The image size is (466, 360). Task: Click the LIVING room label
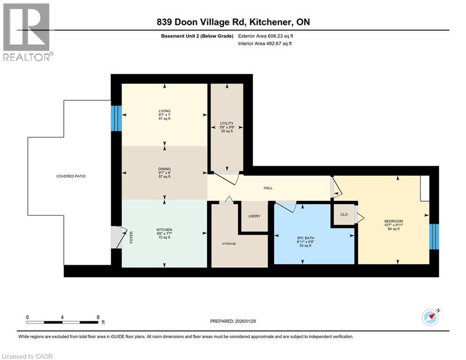pos(164,111)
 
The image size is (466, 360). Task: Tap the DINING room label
pos(164,169)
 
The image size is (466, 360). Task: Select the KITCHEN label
pos(164,230)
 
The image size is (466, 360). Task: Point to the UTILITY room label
pos(227,123)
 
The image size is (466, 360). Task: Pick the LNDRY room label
pos(254,216)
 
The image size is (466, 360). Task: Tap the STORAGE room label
pos(229,244)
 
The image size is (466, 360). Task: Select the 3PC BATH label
pos(306,238)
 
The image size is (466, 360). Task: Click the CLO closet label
pos(343,214)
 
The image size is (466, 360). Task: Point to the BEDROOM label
pos(393,221)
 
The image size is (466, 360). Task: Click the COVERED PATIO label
pos(71,176)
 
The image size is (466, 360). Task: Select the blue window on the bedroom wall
pos(434,236)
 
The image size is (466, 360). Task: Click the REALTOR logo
pos(27,32)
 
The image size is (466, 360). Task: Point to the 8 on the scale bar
pos(97,316)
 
